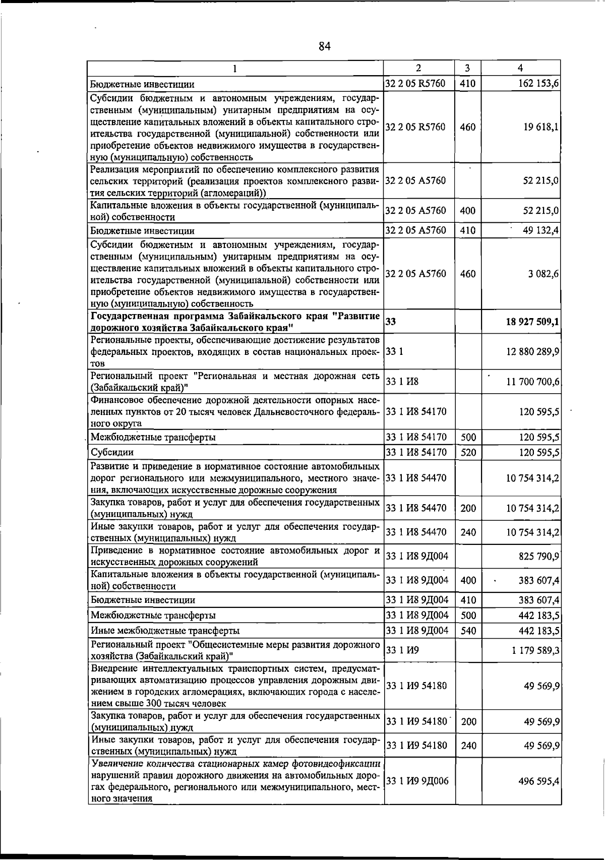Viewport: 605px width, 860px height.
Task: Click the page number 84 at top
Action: click(x=324, y=47)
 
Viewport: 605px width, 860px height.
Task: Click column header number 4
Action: click(x=520, y=68)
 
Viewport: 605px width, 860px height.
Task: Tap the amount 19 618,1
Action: click(x=541, y=127)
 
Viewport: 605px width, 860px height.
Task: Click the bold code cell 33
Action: click(x=391, y=322)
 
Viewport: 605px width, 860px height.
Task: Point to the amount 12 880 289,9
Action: click(x=533, y=351)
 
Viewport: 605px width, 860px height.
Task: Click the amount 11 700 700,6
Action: click(x=533, y=383)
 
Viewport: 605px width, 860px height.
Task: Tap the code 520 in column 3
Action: click(x=468, y=452)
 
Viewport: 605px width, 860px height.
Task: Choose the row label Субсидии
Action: click(x=112, y=453)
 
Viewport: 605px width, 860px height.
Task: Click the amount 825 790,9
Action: click(x=539, y=557)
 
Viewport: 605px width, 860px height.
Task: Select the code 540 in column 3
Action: click(x=468, y=630)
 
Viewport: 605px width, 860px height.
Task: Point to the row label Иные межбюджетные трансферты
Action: click(x=165, y=631)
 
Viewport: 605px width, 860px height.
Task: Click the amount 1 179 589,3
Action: click(x=535, y=650)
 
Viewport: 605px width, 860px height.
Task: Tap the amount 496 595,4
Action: click(x=539, y=781)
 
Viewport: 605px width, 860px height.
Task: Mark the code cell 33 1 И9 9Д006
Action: click(x=417, y=781)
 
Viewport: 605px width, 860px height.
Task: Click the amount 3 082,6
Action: click(x=543, y=274)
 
